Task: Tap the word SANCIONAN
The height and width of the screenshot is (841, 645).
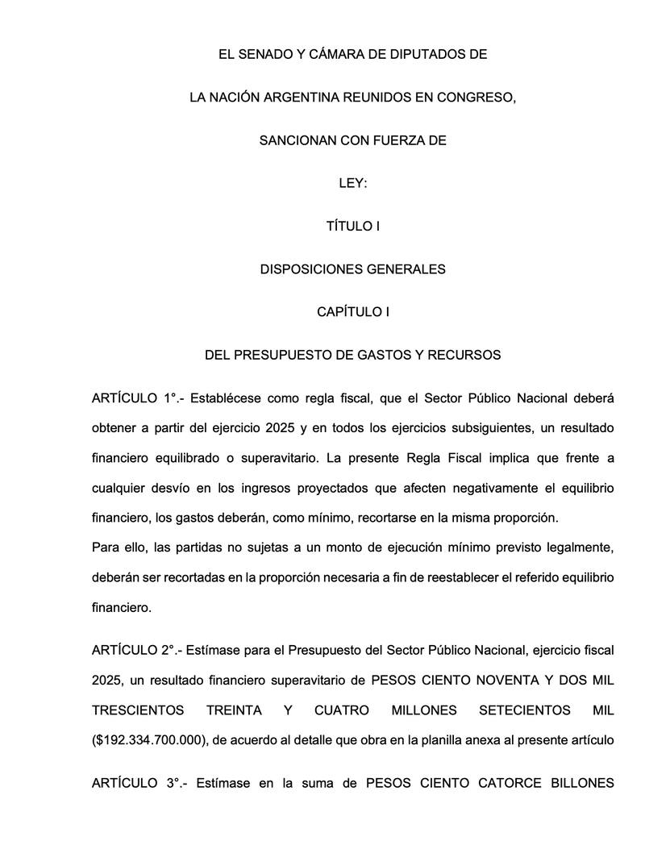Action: click(293, 140)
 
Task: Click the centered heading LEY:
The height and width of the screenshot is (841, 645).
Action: click(352, 183)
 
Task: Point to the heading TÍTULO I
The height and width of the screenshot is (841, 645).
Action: click(352, 226)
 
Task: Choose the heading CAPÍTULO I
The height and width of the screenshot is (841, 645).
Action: click(352, 311)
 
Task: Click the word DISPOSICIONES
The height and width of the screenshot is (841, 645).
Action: click(309, 269)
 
